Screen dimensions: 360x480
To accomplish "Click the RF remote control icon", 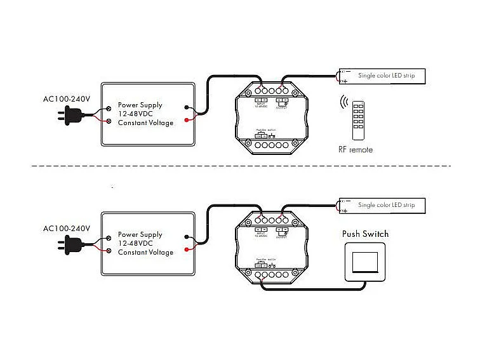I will click(359, 119).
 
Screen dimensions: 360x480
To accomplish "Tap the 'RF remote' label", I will click(356, 150).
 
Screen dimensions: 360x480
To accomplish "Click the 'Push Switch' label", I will click(365, 234).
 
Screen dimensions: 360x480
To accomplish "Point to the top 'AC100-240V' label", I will click(67, 98).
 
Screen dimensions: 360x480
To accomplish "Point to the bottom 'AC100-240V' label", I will click(67, 228).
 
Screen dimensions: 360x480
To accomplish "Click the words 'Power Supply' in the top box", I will click(140, 105).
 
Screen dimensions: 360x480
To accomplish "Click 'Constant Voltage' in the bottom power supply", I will click(145, 252).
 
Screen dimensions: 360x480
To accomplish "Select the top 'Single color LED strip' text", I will click(386, 76).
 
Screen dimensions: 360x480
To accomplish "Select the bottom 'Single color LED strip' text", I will click(386, 205).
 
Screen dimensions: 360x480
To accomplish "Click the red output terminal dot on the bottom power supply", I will click(186, 249).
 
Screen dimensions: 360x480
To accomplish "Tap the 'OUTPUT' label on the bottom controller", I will click(283, 236).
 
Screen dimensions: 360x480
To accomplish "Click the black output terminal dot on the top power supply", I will click(186, 108).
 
